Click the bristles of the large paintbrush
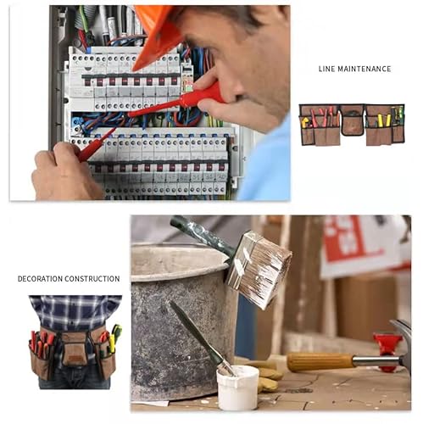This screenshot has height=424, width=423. [x=259, y=270]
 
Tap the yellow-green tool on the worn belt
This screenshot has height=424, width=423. [x=116, y=333]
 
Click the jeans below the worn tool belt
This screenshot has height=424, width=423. [x=75, y=379]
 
